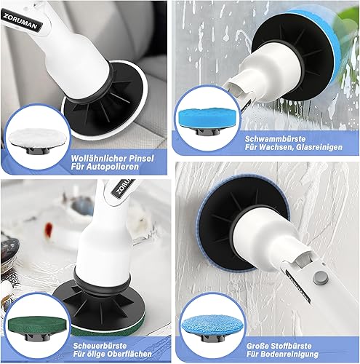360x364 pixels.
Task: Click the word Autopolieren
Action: (x=113, y=167)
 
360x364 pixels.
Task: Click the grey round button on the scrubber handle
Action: (x=321, y=278)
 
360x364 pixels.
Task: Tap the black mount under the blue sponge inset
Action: (x=208, y=132)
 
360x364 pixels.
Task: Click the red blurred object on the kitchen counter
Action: (x=49, y=229)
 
